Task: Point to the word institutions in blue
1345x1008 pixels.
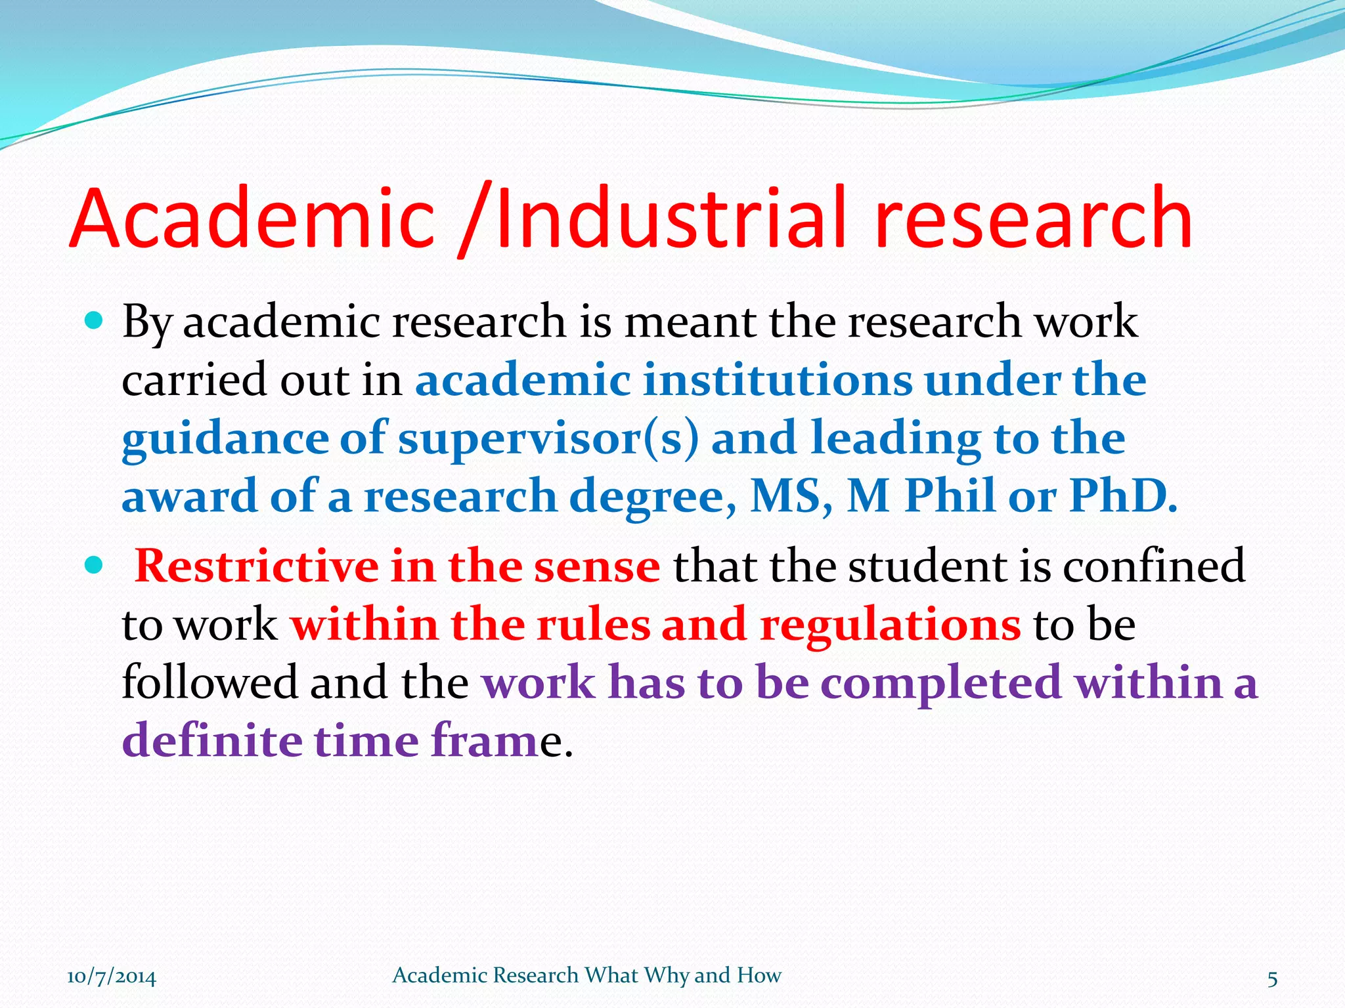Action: pos(778,380)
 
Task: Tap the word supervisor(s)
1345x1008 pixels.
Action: pos(548,438)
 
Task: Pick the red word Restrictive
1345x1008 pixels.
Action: pos(256,566)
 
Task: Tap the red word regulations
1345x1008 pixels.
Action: pos(890,625)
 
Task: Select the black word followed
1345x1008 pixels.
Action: pos(209,682)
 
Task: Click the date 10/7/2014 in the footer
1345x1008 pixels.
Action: pos(112,977)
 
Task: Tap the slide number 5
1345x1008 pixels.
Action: pos(1272,979)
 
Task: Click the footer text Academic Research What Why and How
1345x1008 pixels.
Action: pos(586,976)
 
